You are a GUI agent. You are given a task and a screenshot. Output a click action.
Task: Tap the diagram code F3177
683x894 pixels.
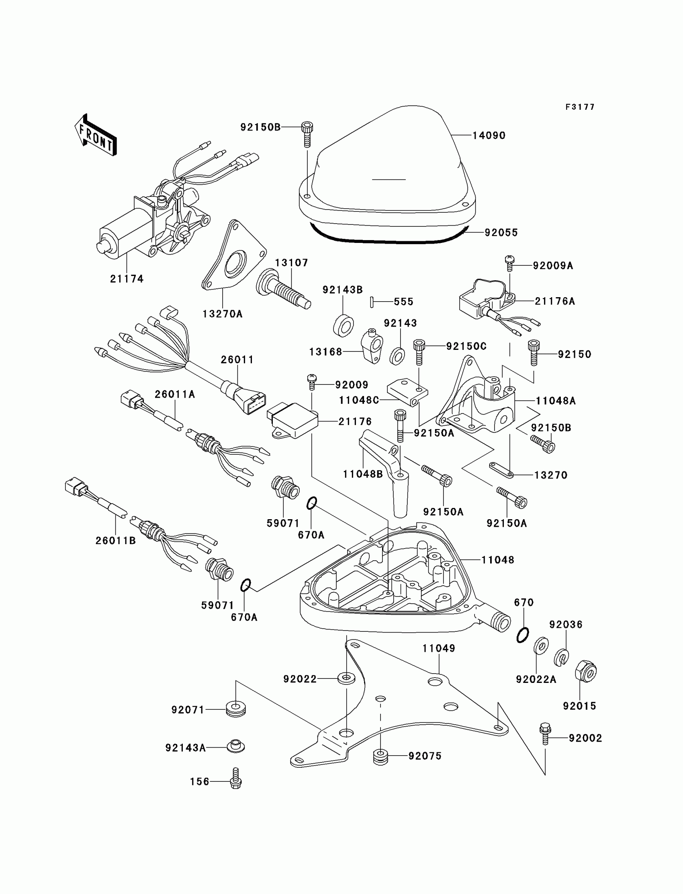click(580, 107)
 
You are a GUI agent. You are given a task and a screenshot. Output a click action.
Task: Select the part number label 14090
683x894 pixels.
click(489, 136)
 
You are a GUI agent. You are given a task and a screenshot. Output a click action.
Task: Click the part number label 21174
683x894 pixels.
click(127, 279)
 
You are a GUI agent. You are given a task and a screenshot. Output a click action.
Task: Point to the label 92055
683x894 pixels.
click(501, 233)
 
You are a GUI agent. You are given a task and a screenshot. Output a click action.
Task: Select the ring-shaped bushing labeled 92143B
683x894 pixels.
click(343, 325)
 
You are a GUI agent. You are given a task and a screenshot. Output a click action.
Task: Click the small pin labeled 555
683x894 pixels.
click(372, 302)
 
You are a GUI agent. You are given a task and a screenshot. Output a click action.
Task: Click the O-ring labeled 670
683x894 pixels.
click(523, 635)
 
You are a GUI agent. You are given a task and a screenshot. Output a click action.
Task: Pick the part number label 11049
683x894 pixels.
click(439, 648)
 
